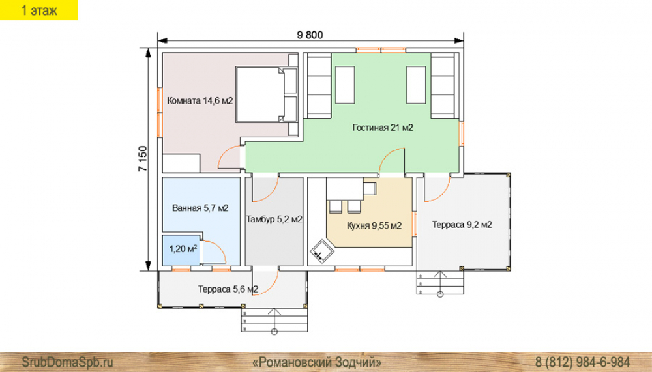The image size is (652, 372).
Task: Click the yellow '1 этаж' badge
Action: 39,10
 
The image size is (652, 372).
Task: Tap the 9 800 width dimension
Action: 310,35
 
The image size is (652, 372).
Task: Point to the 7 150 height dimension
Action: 143,159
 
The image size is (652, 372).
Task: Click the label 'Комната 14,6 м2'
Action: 200,100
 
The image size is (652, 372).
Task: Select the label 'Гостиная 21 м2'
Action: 383,128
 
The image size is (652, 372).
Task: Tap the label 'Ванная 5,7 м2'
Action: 200,208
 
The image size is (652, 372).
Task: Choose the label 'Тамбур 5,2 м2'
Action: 274,219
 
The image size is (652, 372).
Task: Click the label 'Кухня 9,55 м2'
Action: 374,225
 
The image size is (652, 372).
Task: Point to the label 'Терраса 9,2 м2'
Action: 462,225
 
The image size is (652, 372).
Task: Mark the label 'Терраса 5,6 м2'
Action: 228,289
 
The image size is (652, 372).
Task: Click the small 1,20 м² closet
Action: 181,250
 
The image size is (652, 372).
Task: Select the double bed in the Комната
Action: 267,94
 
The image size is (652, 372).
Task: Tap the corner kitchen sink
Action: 322,251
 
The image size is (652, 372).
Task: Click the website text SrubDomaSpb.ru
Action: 67,362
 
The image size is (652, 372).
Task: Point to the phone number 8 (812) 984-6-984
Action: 582,362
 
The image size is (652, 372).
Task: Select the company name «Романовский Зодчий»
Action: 317,362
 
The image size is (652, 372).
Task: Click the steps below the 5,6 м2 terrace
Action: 274,320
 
